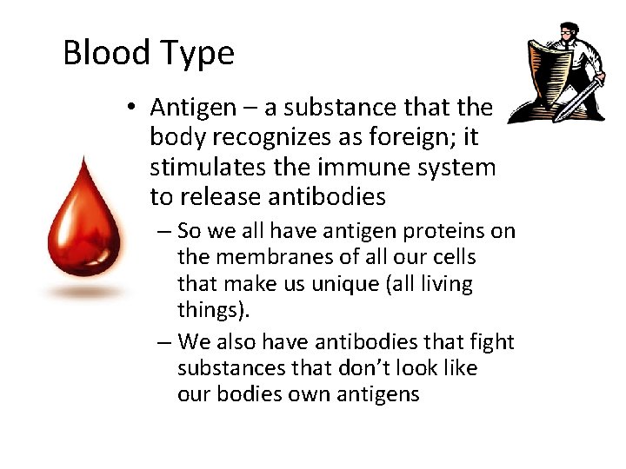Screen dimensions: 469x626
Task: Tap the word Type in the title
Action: (x=197, y=55)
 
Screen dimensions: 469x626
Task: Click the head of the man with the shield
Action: (x=568, y=35)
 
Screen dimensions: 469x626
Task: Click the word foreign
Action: (x=406, y=137)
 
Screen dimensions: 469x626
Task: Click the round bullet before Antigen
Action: (x=130, y=108)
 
